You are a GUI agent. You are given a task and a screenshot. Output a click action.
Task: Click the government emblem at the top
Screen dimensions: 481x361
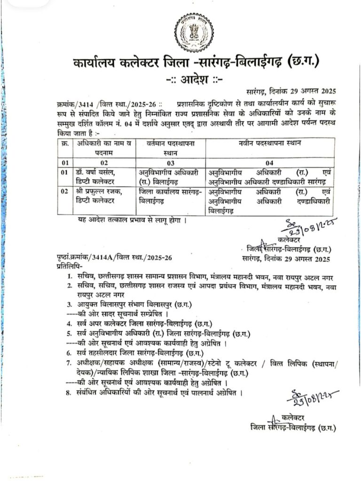tap(193, 31)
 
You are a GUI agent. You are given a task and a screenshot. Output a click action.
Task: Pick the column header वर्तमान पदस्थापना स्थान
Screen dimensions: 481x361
tap(170, 147)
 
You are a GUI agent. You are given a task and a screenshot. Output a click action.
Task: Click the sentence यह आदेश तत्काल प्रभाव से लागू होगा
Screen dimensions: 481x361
tap(133, 219)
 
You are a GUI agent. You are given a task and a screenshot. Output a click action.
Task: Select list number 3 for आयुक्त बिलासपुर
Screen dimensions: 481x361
tap(69, 304)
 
